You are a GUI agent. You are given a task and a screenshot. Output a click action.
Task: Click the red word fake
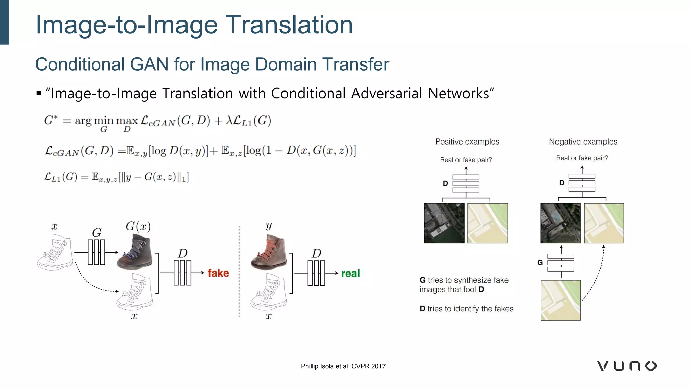(x=218, y=273)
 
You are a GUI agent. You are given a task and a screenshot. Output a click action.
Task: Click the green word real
(x=350, y=273)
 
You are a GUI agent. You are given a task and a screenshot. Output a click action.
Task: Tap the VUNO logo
(x=627, y=366)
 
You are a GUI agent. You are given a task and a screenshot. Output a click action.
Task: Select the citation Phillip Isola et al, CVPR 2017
(x=343, y=366)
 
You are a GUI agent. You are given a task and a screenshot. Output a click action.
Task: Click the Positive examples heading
(x=467, y=142)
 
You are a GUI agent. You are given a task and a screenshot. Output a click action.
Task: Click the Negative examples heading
(x=583, y=142)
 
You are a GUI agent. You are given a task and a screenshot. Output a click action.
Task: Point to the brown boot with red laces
(x=269, y=253)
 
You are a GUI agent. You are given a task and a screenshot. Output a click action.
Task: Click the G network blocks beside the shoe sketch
(x=96, y=252)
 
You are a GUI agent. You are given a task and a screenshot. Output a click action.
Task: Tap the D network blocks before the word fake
(x=182, y=273)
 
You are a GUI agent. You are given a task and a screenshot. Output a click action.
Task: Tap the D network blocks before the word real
(x=316, y=273)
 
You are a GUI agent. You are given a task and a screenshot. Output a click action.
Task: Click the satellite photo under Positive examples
(x=444, y=223)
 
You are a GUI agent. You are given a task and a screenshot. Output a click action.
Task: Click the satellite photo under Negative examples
(x=560, y=223)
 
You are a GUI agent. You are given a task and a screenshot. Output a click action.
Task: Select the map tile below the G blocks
(x=561, y=300)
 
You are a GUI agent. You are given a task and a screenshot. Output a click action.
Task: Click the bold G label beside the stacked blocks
(x=540, y=263)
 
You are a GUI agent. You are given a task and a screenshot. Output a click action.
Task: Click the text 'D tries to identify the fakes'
(x=466, y=309)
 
